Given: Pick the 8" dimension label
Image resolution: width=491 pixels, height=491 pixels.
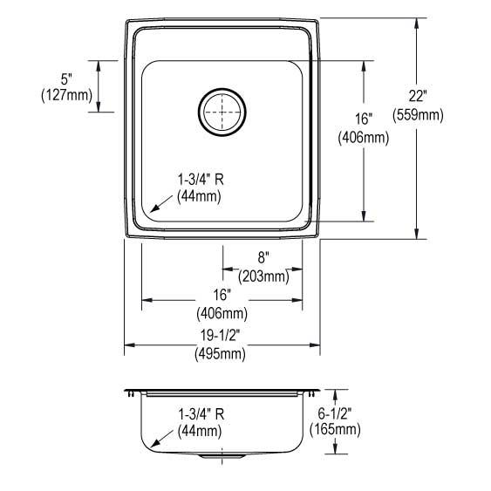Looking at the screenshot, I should coord(263,258).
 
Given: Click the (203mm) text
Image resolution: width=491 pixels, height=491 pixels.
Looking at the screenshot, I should coord(263,276).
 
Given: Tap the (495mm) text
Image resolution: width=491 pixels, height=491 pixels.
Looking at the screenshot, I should coord(222,354).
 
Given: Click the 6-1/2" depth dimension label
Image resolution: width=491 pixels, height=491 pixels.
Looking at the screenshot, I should coord(335,411).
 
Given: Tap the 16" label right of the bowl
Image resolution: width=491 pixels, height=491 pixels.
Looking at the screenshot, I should coord(364,119).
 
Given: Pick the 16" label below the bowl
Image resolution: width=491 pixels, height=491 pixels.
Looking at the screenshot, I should coord(222,295).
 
